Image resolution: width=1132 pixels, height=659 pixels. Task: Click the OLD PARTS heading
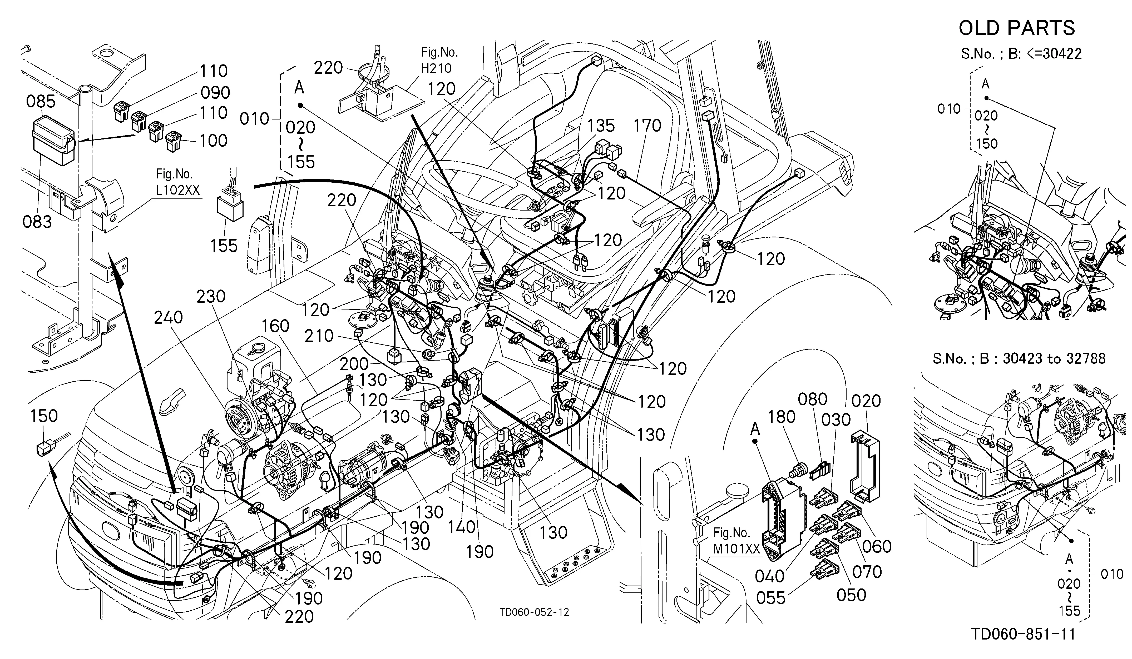1017,28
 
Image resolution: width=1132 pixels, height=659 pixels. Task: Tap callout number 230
211,296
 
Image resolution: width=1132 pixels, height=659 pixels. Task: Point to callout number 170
647,126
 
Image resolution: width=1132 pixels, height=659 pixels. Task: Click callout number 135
601,126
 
